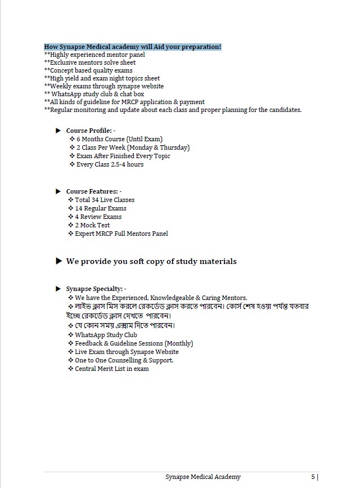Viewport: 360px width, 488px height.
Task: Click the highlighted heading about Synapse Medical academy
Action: (132, 46)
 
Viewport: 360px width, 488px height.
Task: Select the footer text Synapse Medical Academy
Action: (203, 477)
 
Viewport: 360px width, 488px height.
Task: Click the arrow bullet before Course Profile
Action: (58, 131)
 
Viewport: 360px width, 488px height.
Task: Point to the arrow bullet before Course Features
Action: (58, 191)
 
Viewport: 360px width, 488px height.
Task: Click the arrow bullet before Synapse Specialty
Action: (58, 289)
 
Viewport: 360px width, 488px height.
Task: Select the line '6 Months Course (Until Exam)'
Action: (119, 139)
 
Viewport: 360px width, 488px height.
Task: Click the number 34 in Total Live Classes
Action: (96, 200)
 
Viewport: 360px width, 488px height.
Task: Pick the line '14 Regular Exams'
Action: (101, 208)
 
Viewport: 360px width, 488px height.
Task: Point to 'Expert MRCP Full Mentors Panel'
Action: (121, 234)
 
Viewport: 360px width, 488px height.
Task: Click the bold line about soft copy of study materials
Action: (151, 261)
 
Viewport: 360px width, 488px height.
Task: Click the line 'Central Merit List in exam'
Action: (112, 369)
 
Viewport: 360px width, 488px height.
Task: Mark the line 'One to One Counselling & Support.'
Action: (124, 360)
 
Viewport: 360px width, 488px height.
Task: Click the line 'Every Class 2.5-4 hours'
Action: (110, 164)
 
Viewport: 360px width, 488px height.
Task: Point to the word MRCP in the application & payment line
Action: (126, 102)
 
